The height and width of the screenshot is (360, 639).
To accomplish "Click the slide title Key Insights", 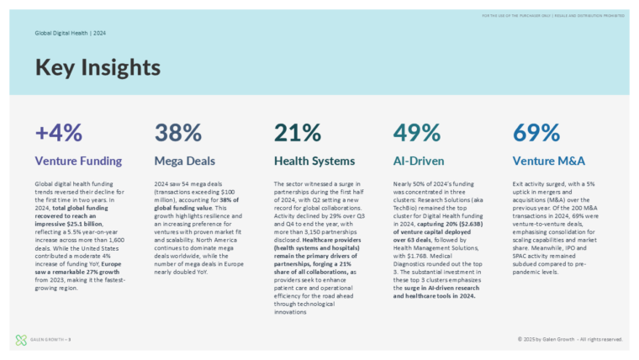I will (x=98, y=66).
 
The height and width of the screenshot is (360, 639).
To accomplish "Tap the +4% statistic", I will (x=59, y=132).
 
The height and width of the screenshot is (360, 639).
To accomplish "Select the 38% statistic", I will (x=177, y=132).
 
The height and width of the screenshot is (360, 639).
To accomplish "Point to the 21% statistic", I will (x=298, y=132).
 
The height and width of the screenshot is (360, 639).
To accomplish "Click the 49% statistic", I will (x=417, y=132).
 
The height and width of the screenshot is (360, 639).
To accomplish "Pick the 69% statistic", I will (x=536, y=132).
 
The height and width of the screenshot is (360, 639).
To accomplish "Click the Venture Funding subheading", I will (x=78, y=160).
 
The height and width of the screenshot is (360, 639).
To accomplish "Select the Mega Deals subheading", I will (x=184, y=160).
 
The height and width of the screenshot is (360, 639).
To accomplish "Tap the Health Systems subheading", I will (x=314, y=160).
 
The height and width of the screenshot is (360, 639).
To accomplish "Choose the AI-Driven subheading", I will (x=420, y=160).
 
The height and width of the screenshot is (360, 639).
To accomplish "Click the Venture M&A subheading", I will (x=548, y=160).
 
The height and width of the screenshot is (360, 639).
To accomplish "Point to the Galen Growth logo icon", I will (x=21, y=340).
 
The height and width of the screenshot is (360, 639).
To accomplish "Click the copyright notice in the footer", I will (x=570, y=339).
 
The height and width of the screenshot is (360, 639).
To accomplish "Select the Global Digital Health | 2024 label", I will (x=70, y=33).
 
